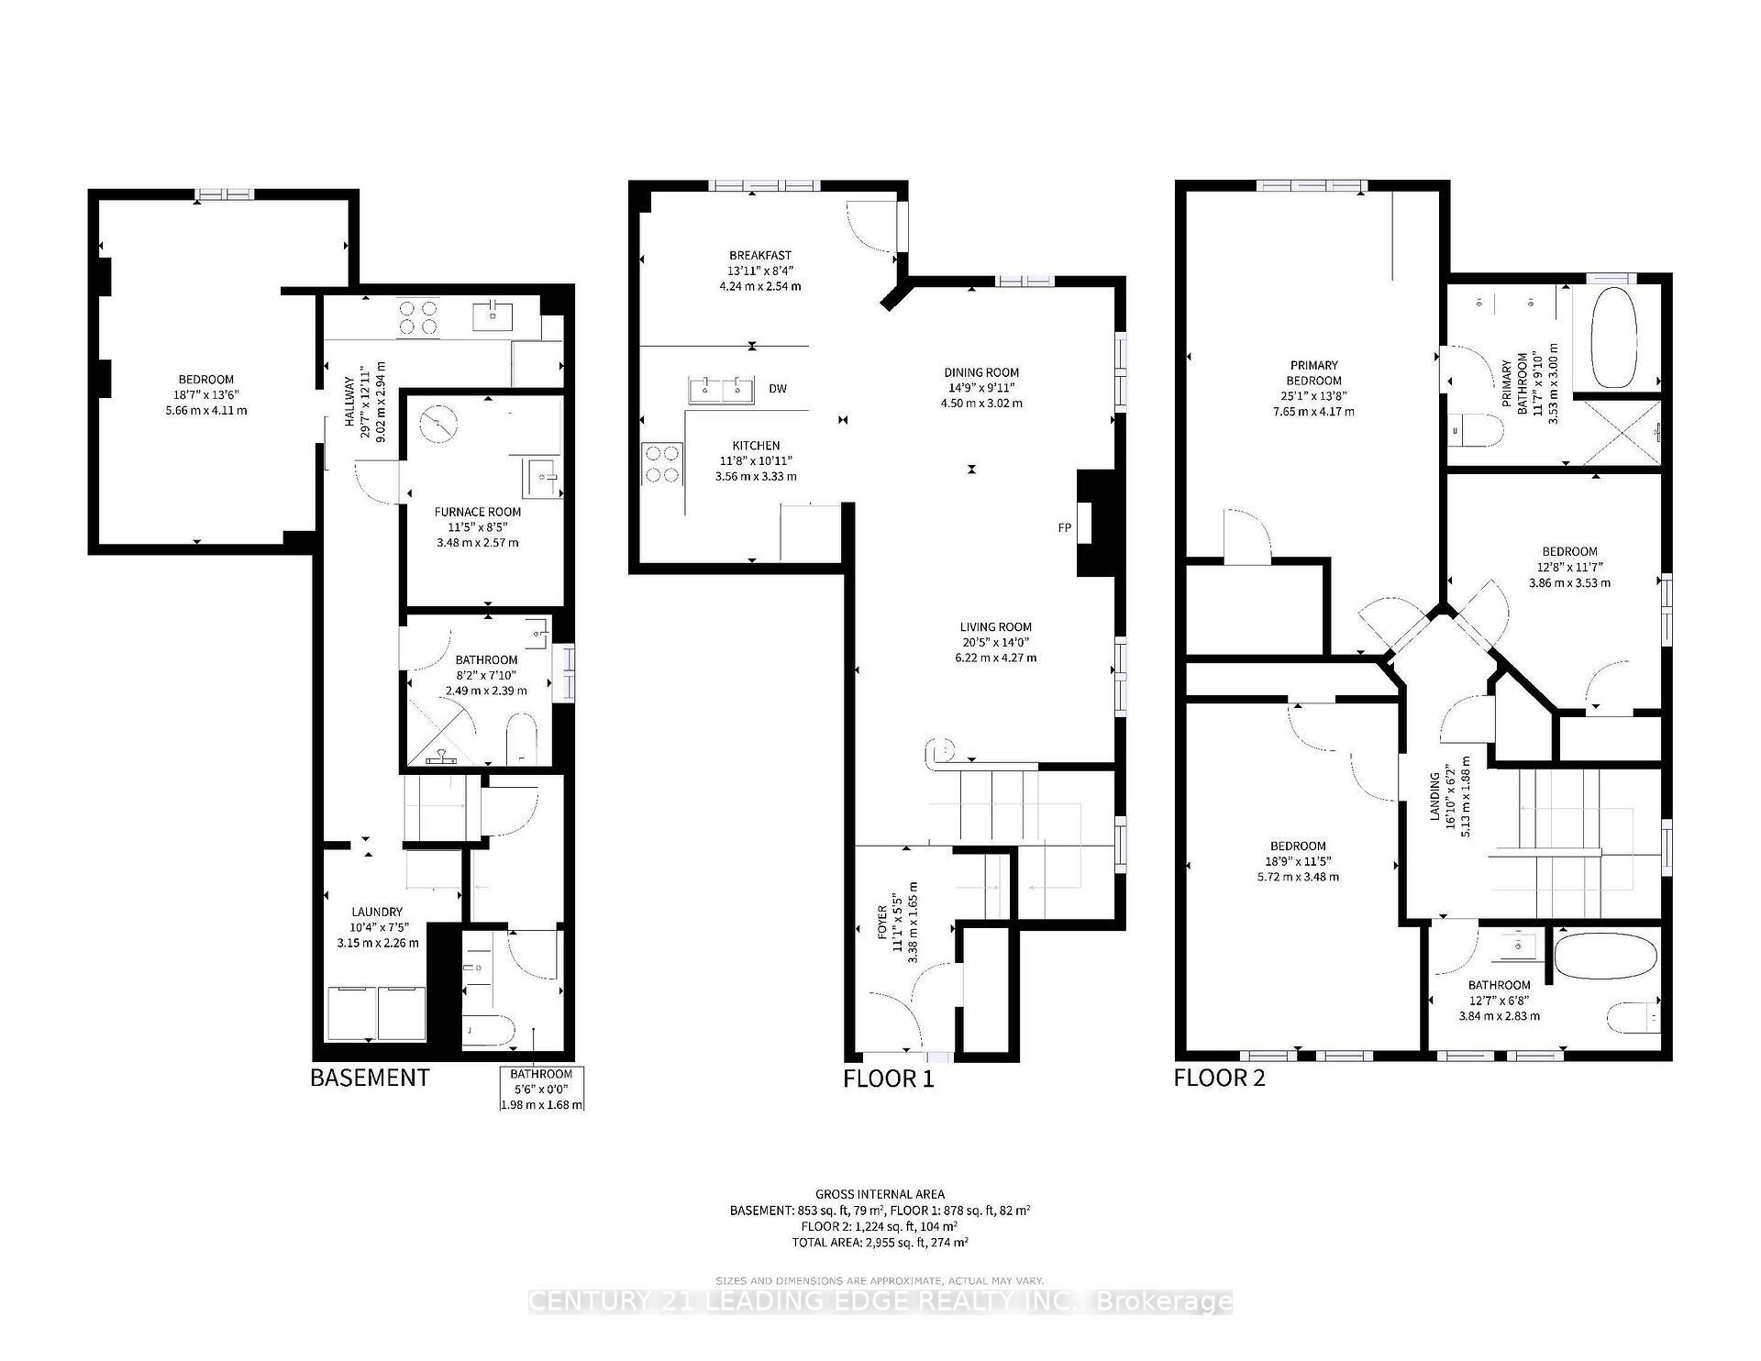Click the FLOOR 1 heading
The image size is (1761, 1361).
888,1079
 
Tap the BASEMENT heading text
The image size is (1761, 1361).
370,1077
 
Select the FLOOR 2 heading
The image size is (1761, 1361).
1219,1077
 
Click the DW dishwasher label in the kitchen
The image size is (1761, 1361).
778,389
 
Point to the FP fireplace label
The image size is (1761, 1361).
1064,528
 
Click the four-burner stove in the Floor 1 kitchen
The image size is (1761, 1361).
662,463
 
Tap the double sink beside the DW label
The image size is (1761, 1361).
721,389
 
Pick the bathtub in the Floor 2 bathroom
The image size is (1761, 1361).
1606,959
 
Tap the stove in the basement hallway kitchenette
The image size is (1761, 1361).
417,317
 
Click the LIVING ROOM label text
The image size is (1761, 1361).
995,627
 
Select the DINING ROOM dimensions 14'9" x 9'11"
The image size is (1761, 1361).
981,388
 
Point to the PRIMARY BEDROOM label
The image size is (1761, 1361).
1313,372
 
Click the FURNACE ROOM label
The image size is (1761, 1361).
477,513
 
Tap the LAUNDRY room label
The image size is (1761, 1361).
377,912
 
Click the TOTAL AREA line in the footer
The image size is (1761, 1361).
880,1242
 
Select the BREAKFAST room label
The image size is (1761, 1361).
759,255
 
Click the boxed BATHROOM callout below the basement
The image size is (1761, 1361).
541,1089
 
